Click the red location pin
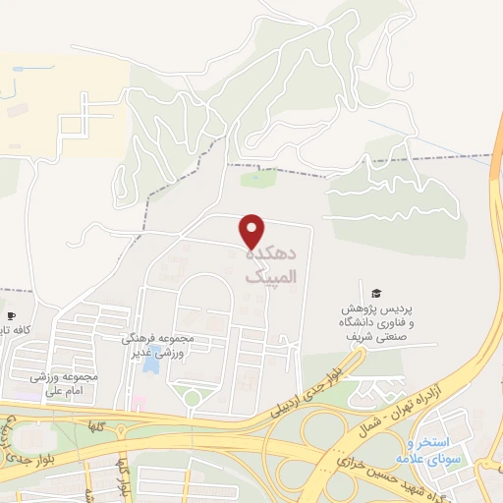[x=251, y=231]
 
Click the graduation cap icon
[x=374, y=293]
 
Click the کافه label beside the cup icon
[x=27, y=331]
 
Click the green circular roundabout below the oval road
[x=193, y=398]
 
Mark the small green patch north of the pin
[x=258, y=179]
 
